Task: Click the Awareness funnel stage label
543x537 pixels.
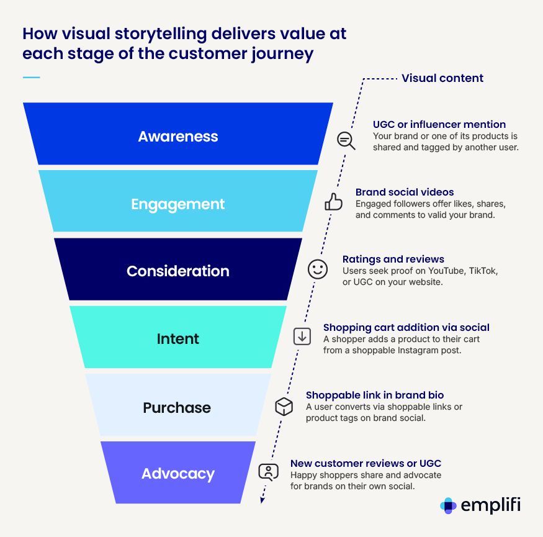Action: pos(178,137)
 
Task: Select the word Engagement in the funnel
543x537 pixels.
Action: pos(178,204)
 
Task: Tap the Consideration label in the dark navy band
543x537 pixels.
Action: pos(178,271)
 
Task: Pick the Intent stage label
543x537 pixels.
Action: pos(178,339)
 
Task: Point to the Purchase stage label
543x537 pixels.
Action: pos(177,408)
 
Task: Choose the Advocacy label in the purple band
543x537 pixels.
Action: pos(178,474)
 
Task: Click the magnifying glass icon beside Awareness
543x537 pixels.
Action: pos(346,141)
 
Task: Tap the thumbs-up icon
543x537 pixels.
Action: pos(334,202)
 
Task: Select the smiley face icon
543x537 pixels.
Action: pos(318,269)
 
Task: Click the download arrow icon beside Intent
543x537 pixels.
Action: pos(302,336)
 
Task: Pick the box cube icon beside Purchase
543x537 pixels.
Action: pos(284,406)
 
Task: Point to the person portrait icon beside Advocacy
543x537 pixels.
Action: pos(268,472)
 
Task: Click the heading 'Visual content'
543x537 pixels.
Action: pos(442,78)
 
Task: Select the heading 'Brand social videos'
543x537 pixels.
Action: pos(405,192)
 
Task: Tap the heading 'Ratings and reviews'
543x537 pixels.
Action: pos(393,259)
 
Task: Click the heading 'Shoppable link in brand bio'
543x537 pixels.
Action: pos(375,395)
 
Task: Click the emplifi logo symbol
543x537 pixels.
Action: pos(448,505)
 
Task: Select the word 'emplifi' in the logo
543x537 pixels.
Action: pos(490,505)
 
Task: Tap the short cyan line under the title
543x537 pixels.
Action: pos(31,78)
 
